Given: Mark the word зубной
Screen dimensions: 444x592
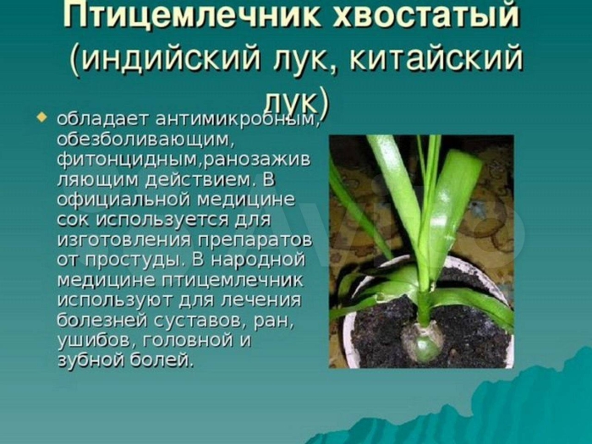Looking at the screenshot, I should point(89,361).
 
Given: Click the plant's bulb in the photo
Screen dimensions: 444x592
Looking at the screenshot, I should point(422,343).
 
